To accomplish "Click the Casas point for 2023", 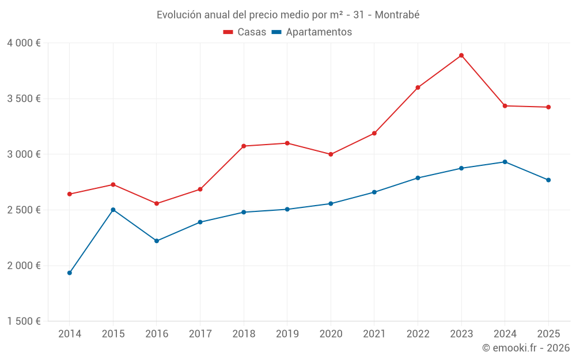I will (x=461, y=55).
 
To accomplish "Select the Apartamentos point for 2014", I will (x=70, y=272).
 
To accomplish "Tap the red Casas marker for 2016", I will (x=157, y=203).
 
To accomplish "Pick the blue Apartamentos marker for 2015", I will (x=113, y=210).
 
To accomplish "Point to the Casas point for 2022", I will (x=418, y=88).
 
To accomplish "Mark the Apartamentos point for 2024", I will (x=505, y=162).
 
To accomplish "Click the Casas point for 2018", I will (x=244, y=146).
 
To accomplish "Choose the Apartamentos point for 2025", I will (x=548, y=180).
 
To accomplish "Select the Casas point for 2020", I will (x=331, y=154).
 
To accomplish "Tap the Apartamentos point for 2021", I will (x=374, y=192).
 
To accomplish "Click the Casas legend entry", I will (x=245, y=32).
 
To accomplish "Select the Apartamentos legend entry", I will (x=312, y=32).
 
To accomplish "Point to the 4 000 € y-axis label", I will (x=24, y=43).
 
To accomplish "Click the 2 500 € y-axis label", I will (x=24, y=210).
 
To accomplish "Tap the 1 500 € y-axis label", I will (x=24, y=321).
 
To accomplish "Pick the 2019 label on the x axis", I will (x=287, y=334).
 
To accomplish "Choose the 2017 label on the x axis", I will (x=200, y=334).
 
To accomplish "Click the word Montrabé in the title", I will (x=397, y=14).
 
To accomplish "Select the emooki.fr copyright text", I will (x=526, y=348).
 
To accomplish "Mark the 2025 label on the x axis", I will (x=548, y=334).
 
